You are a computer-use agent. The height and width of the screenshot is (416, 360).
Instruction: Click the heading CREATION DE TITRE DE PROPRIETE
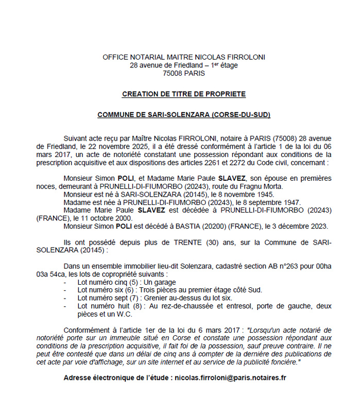[x=184, y=94]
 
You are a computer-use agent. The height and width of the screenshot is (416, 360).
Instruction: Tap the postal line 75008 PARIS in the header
[x=184, y=73]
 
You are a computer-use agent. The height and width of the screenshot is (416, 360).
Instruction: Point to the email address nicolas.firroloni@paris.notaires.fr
[x=231, y=377]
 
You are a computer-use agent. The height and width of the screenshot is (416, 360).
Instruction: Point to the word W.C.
[x=125, y=314]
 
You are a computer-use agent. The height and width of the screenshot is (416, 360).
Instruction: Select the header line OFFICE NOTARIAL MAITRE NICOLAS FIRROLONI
[x=184, y=57]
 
